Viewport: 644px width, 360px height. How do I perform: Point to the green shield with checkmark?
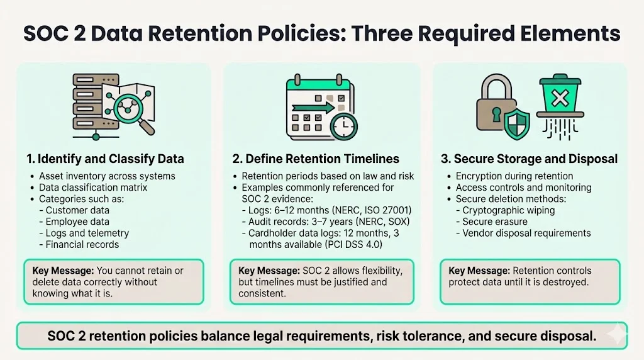pos(518,123)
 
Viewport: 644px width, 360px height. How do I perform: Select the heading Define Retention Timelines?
pos(322,159)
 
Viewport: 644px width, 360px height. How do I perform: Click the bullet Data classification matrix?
pos(93,188)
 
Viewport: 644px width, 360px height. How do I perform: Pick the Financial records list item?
pos(82,244)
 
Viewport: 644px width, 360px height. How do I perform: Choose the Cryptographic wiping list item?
pos(509,210)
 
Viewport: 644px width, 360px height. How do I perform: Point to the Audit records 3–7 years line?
pos(320,222)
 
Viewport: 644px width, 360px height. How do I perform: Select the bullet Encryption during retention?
pos(514,176)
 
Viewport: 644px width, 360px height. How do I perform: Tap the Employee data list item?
pos(77,222)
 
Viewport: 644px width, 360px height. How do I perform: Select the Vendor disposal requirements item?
pos(526,233)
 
